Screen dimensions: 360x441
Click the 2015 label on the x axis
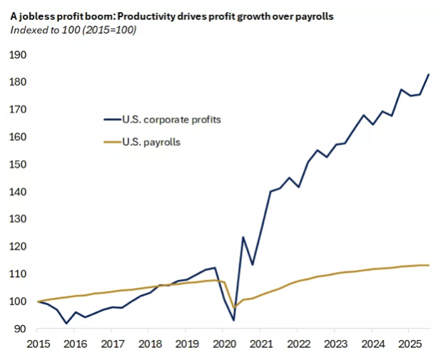point(37,344)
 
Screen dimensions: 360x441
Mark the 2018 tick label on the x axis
point(148,344)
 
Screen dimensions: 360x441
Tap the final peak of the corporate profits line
point(428,74)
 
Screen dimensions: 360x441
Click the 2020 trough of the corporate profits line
point(233,320)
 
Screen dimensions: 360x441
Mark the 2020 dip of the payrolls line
point(234,308)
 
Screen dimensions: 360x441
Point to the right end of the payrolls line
point(428,265)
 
